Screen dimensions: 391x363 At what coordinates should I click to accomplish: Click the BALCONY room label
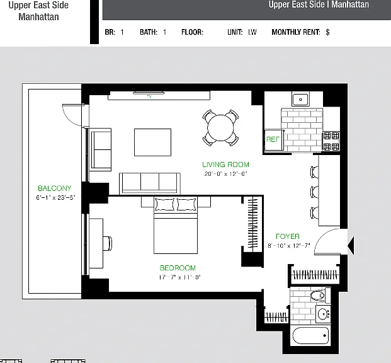coord(55,188)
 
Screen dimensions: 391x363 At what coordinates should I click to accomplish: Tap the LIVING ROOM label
coord(225,164)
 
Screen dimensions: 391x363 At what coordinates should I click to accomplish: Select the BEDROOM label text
coord(178,268)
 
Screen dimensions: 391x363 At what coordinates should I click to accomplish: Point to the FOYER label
coord(288,236)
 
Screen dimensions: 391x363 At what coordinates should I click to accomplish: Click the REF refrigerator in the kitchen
coord(273,140)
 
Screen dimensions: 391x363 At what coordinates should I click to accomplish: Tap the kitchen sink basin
coord(300,100)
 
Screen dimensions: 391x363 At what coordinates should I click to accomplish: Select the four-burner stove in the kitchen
coord(331,141)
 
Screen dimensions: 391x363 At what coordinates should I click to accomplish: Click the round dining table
coord(220,127)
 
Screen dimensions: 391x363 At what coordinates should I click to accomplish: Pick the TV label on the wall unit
coord(149,97)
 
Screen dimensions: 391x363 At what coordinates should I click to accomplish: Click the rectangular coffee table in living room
coord(152,142)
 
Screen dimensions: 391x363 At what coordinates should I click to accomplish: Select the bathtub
coord(310,335)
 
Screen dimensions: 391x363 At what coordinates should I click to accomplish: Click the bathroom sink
coord(323,314)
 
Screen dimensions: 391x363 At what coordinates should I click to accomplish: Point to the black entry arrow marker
coord(351,246)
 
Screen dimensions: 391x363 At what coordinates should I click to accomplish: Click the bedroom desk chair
coord(108,243)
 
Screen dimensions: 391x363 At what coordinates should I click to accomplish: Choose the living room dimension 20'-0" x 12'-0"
coord(225,174)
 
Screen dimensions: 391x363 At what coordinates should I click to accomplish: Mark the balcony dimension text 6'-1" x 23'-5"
coord(55,197)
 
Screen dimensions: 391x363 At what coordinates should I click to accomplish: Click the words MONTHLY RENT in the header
coord(296,32)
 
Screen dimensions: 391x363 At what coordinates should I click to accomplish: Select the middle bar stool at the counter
coord(314,192)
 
